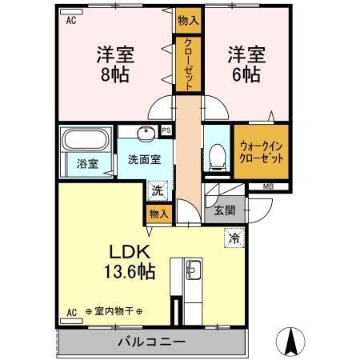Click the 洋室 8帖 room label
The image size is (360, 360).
[114, 65]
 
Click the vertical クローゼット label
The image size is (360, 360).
[186, 65]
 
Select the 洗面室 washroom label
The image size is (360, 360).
[145, 158]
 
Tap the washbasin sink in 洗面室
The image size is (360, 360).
[145, 134]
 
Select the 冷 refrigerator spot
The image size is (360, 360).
[235, 237]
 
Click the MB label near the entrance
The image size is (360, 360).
[268, 187]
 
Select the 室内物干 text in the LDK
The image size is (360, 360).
[106, 311]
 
